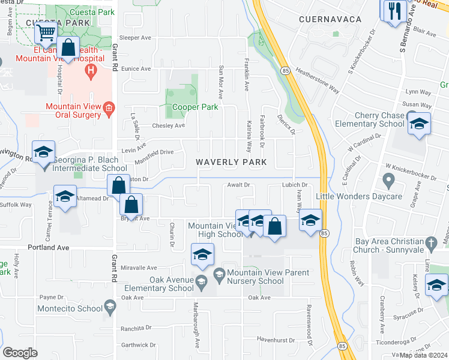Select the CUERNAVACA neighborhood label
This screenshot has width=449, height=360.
point(330,20)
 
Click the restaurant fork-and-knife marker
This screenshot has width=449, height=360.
point(394,11)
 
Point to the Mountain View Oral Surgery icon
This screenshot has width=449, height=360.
point(109,108)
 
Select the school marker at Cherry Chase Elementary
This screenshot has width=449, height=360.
point(418,124)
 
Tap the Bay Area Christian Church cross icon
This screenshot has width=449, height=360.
point(430,244)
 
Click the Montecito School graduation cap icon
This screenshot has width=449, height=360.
point(109,309)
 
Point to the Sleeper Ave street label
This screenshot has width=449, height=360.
point(136,37)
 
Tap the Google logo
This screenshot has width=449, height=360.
point(20,353)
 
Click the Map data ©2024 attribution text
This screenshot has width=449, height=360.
point(422,355)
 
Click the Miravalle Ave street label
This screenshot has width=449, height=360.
point(139,268)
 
